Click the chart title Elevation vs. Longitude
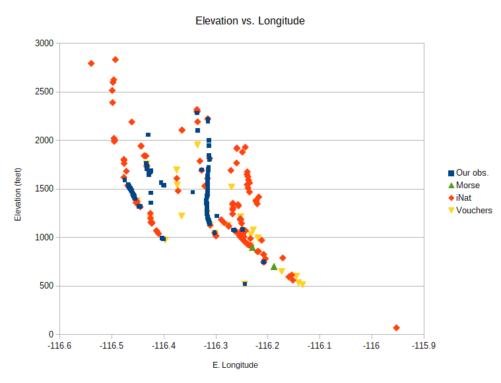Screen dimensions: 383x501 pyautogui.click(x=250, y=21)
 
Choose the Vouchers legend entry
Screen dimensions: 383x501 pyautogui.click(x=474, y=211)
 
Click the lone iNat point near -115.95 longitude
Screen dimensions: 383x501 pyautogui.click(x=396, y=328)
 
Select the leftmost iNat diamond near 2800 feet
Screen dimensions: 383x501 pyautogui.click(x=91, y=63)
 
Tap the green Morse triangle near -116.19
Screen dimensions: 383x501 pyautogui.click(x=274, y=267)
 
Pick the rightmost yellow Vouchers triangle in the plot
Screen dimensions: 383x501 pyautogui.click(x=302, y=285)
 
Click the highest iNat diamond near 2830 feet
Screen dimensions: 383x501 pyautogui.click(x=116, y=59)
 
